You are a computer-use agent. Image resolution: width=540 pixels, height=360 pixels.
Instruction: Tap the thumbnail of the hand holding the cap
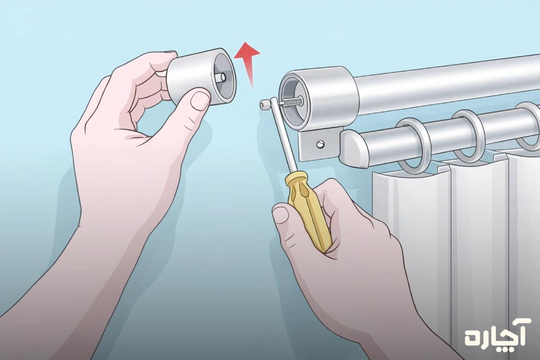coord(200,100)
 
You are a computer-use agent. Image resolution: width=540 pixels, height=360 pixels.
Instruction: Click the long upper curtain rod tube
coord(446,85)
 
